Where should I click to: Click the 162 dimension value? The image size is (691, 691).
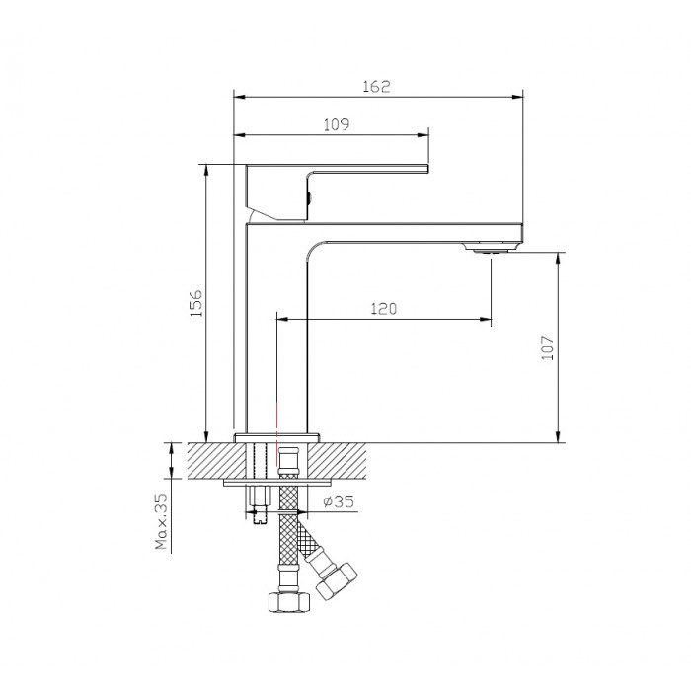pyautogui.click(x=376, y=87)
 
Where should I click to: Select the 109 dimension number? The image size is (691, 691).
pyautogui.click(x=337, y=124)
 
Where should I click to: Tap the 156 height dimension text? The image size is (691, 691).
pyautogui.click(x=195, y=303)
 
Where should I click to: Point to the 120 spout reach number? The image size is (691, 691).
pyautogui.click(x=383, y=308)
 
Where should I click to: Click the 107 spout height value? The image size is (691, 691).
pyautogui.click(x=547, y=347)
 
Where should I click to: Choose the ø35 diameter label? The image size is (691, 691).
pyautogui.click(x=339, y=501)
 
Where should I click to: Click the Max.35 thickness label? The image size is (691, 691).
pyautogui.click(x=161, y=521)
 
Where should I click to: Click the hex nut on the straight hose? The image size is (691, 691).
pyautogui.click(x=289, y=601)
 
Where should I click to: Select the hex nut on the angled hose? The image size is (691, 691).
pyautogui.click(x=337, y=580)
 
